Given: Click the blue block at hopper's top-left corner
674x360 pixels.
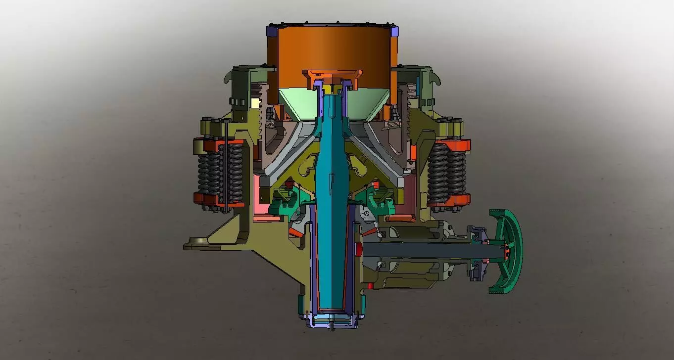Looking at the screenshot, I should [x=271, y=31].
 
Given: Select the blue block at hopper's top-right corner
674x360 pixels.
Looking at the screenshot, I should [x=394, y=31].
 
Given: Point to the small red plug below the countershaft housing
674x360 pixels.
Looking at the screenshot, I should [x=370, y=285].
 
